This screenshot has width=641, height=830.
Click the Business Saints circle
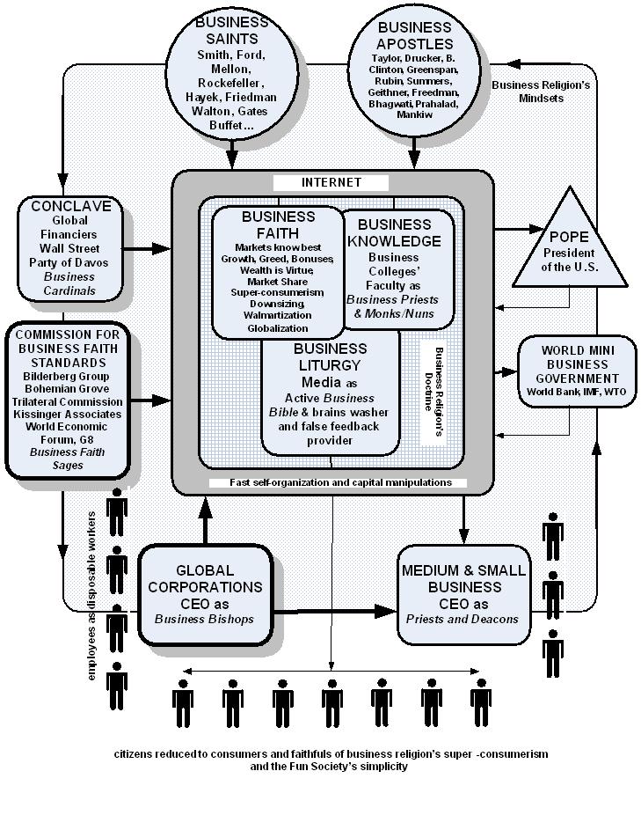tap(231, 74)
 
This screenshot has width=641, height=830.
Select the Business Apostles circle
tap(414, 73)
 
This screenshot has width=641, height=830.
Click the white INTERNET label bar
tap(331, 182)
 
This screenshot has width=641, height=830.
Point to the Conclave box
tap(69, 249)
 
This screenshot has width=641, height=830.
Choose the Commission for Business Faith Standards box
tap(68, 400)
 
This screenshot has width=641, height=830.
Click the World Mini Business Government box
tap(577, 371)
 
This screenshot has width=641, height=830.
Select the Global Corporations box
tap(205, 595)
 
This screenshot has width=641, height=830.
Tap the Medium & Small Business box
tap(464, 594)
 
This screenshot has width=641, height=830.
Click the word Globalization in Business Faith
tap(278, 328)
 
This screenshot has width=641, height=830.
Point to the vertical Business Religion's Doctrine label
tap(433, 391)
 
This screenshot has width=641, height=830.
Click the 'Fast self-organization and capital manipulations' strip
tap(339, 482)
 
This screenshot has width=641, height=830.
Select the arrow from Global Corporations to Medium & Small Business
tap(335, 612)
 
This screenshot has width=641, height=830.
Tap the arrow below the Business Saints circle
tap(231, 154)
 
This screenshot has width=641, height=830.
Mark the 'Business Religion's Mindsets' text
tap(541, 92)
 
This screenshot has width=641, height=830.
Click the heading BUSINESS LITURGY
tap(330, 357)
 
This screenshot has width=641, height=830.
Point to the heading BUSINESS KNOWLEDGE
tap(394, 233)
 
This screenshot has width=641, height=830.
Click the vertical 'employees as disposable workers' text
tap(91, 596)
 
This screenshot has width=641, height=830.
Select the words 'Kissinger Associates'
tap(68, 414)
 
